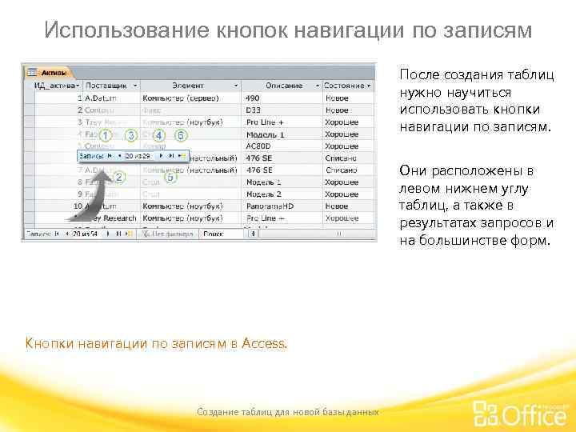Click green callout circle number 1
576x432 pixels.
click(x=105, y=136)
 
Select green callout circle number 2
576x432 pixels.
click(x=118, y=177)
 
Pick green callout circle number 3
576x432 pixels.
click(x=131, y=136)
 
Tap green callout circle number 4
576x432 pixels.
click(x=158, y=136)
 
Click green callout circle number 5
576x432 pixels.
click(x=170, y=177)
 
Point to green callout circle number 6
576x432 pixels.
click(x=181, y=136)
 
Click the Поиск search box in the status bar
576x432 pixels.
click(x=220, y=234)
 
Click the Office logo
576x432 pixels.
click(x=520, y=413)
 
